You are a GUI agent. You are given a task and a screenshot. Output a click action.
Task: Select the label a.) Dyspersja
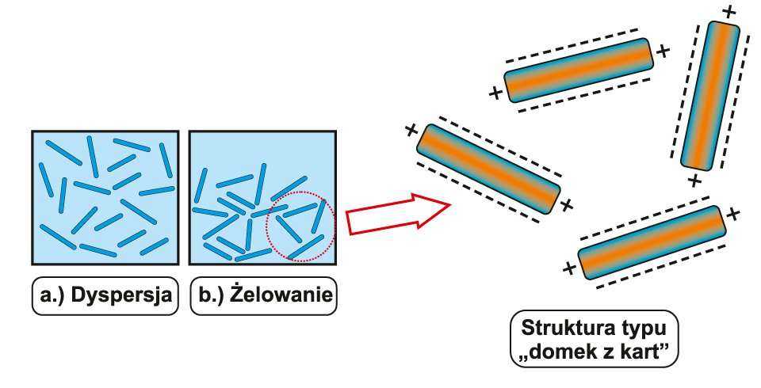pyautogui.click(x=104, y=296)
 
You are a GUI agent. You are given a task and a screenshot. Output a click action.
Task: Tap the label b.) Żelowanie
pyautogui.click(x=264, y=296)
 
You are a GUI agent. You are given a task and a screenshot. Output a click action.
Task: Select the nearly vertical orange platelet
pyautogui.click(x=710, y=95)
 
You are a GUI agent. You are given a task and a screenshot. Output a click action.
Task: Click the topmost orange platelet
pyautogui.click(x=578, y=70)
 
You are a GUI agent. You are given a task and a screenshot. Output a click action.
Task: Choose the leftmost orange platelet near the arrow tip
pyautogui.click(x=488, y=169)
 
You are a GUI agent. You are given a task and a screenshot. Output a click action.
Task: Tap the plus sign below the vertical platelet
pyautogui.click(x=694, y=181)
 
